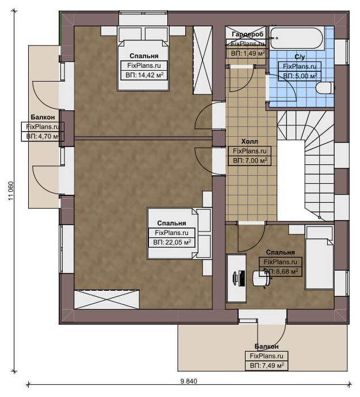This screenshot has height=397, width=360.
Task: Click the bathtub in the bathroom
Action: point(297,38)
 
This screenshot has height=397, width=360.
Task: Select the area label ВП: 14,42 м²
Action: point(144,75)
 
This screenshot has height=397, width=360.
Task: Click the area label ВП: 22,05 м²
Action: point(172,242)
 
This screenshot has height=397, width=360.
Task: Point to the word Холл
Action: point(250,141)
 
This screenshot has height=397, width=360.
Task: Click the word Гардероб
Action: point(247,34)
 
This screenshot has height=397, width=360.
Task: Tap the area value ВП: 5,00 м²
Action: point(300,76)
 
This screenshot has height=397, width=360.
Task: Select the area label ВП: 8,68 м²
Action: point(281,272)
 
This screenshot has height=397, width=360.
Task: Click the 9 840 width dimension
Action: point(189,381)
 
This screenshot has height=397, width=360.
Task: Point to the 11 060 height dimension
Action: point(11,191)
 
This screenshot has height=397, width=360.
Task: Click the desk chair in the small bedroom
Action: point(262,279)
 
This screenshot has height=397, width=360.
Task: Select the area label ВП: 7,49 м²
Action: point(266,365)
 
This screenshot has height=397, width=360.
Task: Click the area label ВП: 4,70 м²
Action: point(43,136)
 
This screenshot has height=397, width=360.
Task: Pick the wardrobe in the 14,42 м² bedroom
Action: point(202,60)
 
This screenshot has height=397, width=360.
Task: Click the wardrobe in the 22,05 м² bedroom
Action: point(106,299)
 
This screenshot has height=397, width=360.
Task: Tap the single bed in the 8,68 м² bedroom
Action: point(320,257)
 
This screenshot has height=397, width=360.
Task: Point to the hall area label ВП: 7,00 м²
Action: point(250,161)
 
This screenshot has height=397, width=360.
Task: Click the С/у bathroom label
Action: point(300,57)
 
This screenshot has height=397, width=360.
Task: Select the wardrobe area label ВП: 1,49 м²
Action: point(248,53)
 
